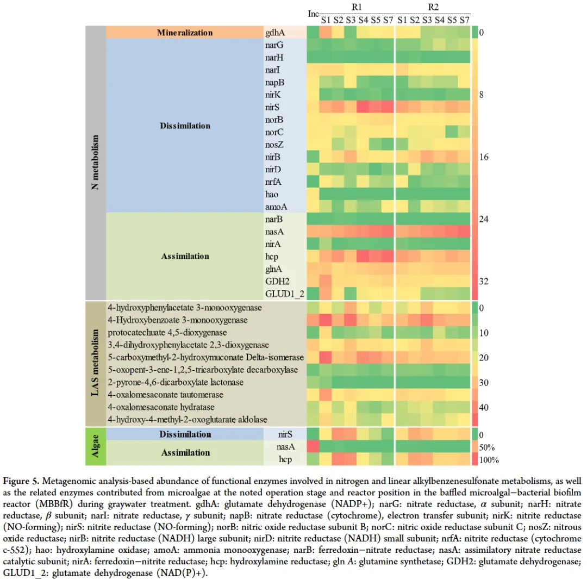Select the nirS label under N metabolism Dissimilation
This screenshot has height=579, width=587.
tap(273, 107)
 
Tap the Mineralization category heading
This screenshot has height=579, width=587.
tap(185, 33)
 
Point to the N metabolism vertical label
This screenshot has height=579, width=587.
tap(95, 162)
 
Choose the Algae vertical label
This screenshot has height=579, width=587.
tap(95, 446)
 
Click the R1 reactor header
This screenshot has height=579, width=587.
tap(357, 7)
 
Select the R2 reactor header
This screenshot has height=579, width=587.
tap(433, 7)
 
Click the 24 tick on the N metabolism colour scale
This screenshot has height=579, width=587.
tap(484, 219)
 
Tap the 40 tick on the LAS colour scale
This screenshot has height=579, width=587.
tap(484, 407)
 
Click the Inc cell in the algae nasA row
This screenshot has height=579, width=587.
tap(313, 446)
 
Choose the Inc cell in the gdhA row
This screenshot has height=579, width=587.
tap(313, 33)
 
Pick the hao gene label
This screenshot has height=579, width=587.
tap(272, 194)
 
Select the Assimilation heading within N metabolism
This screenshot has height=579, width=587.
tap(185, 256)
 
